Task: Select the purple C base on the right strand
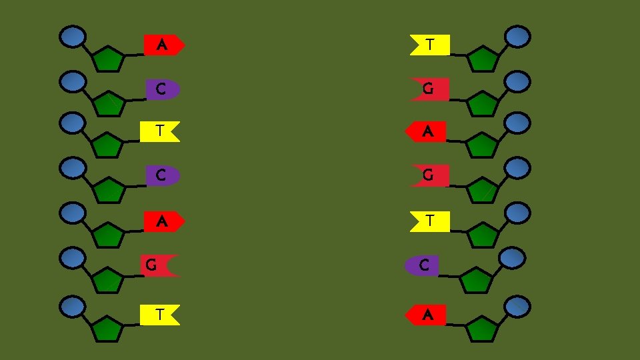pos(422,265)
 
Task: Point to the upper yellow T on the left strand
pos(159,131)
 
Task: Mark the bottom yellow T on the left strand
pos(159,315)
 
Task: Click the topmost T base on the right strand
pos(430,45)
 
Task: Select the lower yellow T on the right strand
pos(430,221)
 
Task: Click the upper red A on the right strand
pos(426,132)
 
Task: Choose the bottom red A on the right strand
pos(426,315)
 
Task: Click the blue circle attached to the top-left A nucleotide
pos(73,37)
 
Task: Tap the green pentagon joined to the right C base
pos(476,281)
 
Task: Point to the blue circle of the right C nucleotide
pos(511,258)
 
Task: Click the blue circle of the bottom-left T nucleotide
pos(73,307)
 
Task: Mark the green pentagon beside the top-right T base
pos(483,60)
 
